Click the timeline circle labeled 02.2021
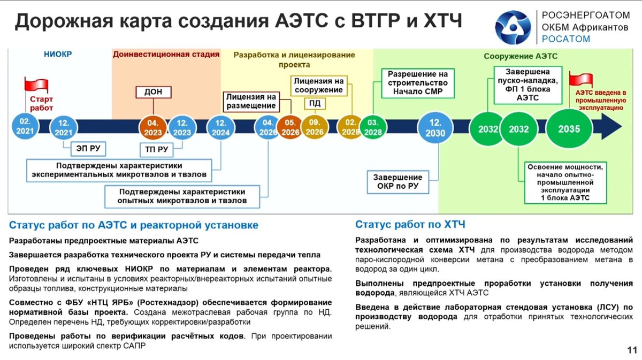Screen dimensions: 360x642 (x=25, y=127)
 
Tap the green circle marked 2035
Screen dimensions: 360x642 (x=569, y=129)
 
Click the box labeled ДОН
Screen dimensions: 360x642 (x=153, y=92)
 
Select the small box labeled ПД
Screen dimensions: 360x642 (x=315, y=103)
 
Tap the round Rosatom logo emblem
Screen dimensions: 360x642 (x=513, y=27)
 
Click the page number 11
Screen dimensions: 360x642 (x=631, y=350)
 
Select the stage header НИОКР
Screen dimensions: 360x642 (x=58, y=54)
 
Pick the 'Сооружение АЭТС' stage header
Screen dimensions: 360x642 (x=513, y=56)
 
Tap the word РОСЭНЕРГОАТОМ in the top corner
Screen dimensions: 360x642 (x=586, y=16)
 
